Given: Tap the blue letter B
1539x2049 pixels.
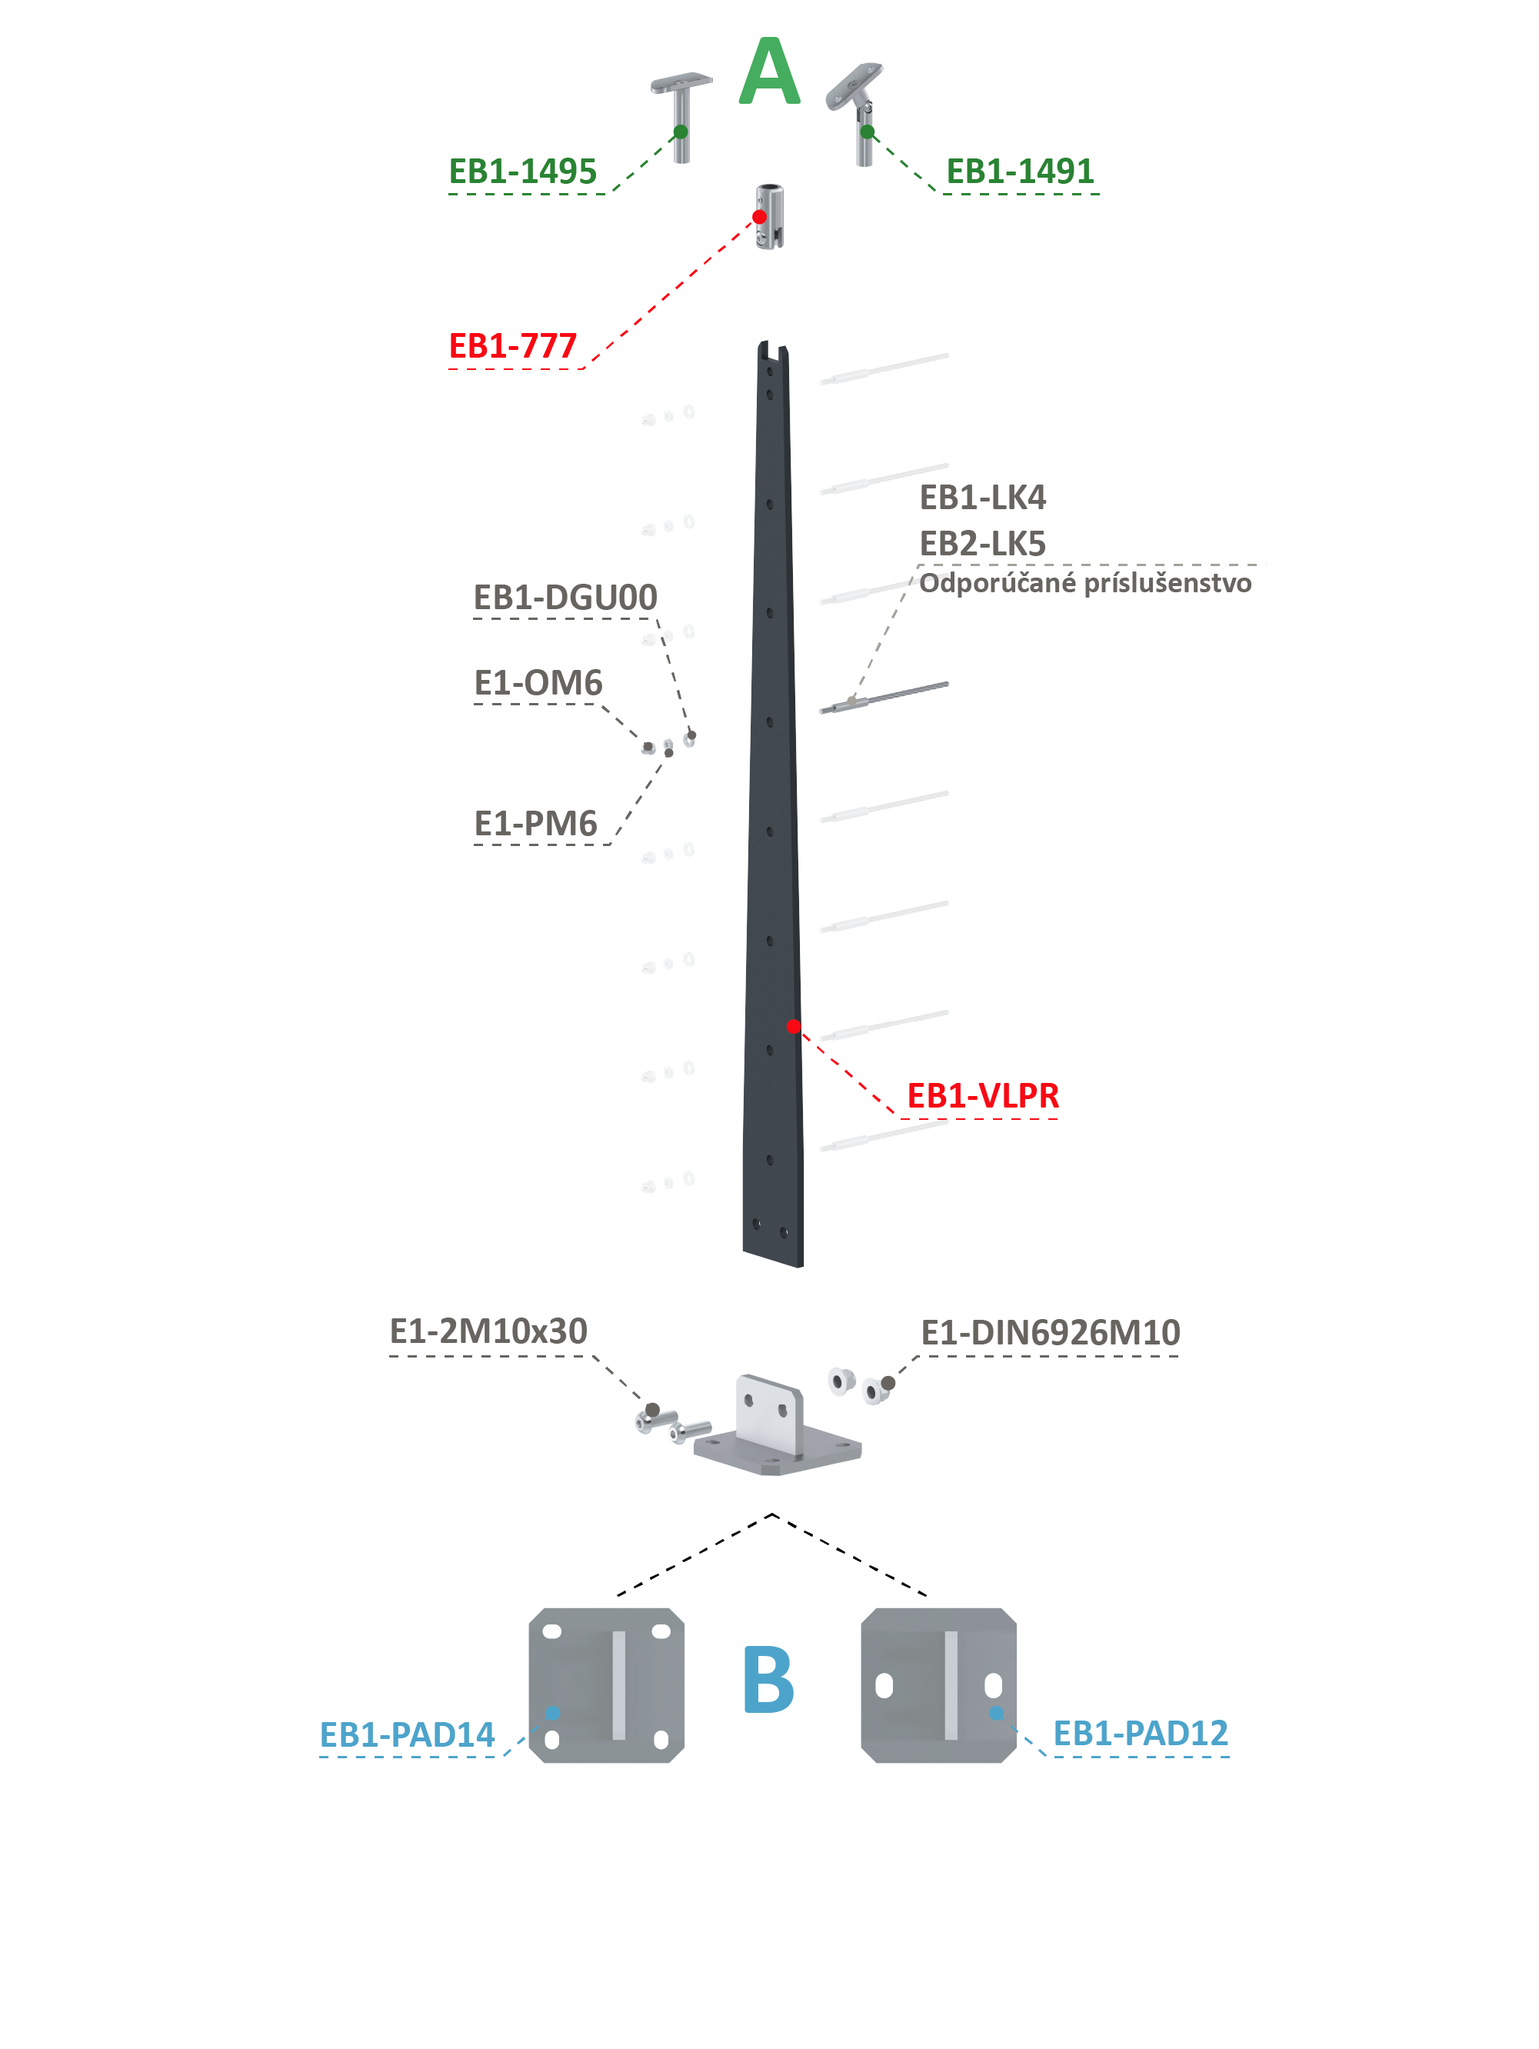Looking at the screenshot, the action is (768, 1678).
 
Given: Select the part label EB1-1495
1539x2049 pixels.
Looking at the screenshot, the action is (522, 172).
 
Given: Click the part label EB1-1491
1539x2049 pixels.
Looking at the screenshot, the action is (1020, 172).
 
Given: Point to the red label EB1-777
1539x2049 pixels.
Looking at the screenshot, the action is (512, 345).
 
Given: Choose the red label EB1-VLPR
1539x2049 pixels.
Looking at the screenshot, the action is (982, 1096).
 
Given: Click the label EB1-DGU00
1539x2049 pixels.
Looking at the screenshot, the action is (565, 598).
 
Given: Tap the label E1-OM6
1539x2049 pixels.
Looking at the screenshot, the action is (538, 683).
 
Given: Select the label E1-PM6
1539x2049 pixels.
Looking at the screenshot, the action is (535, 824).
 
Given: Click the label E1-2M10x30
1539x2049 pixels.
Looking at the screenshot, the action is (488, 1331).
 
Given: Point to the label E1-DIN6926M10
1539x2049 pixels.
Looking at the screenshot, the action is (1051, 1333).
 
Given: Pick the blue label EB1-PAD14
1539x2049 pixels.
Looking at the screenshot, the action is (407, 1735).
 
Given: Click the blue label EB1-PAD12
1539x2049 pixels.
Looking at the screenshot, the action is (1141, 1733).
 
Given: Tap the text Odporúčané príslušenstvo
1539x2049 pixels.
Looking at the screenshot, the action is (1085, 583).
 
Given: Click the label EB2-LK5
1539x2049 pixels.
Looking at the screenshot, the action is (982, 544).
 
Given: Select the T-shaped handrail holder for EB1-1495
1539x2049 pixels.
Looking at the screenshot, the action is (681, 117).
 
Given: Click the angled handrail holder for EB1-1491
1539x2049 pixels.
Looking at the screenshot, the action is (856, 113).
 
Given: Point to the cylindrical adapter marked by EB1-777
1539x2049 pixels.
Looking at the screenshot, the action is (770, 217).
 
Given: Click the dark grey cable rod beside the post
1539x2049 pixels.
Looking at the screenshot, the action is (884, 698).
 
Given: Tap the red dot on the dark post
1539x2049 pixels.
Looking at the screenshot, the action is (793, 1026).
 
